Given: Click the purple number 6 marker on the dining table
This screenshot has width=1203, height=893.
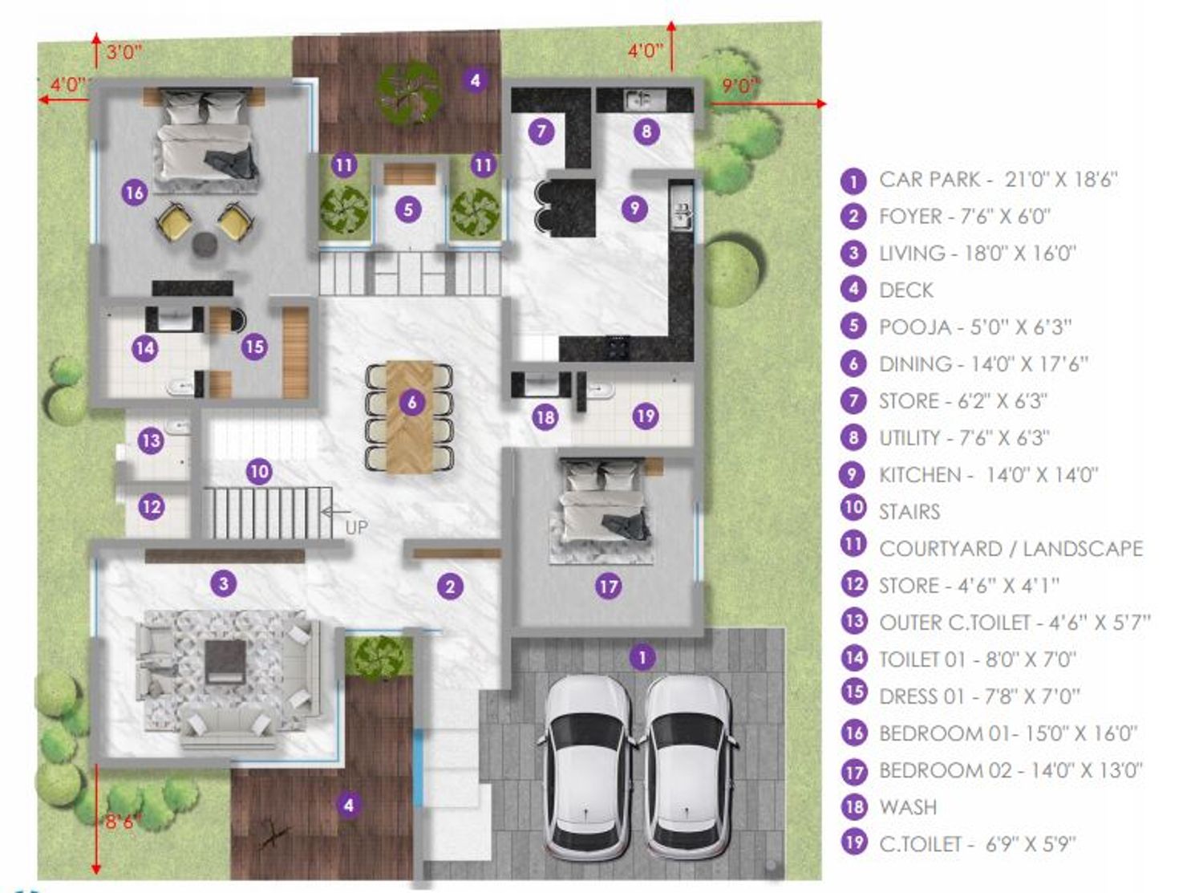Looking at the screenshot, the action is pyautogui.click(x=411, y=402).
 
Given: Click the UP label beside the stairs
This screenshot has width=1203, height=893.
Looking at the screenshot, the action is pyautogui.click(x=356, y=527).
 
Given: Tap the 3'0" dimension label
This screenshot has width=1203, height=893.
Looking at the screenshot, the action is pyautogui.click(x=124, y=52).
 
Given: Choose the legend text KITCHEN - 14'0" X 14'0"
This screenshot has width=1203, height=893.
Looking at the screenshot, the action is pyautogui.click(x=988, y=475).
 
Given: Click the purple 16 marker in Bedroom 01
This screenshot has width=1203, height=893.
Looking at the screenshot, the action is pyautogui.click(x=135, y=193).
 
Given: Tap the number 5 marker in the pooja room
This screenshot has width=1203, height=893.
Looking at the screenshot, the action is pyautogui.click(x=408, y=209).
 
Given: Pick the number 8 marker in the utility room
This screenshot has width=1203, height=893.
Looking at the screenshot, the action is pyautogui.click(x=646, y=132).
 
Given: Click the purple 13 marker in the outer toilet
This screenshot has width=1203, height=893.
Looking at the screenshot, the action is pyautogui.click(x=151, y=440).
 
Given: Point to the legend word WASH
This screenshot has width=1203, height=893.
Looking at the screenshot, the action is pyautogui.click(x=907, y=807).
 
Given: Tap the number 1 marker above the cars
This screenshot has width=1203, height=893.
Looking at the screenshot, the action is pyautogui.click(x=642, y=658).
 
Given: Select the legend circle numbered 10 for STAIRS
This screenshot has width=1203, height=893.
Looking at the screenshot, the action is pyautogui.click(x=853, y=508).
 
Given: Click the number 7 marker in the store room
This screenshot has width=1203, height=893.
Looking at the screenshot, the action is pyautogui.click(x=541, y=132).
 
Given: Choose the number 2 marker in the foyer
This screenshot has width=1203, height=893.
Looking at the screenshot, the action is pyautogui.click(x=450, y=586).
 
